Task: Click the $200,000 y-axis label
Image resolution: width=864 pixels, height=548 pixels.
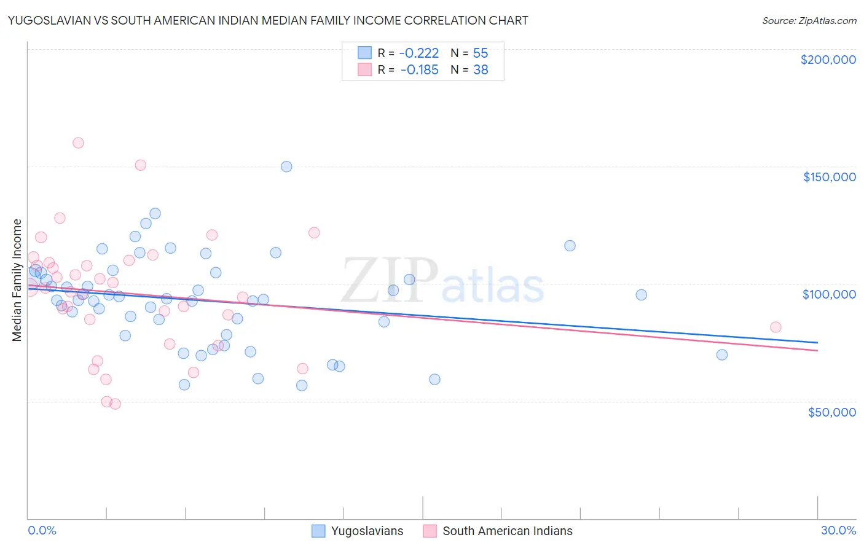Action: point(828,60)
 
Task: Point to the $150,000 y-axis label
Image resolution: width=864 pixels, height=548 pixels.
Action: point(829,177)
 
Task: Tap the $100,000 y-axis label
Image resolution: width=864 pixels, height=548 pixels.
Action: point(829,294)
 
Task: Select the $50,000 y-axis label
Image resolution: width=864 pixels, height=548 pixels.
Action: point(831,412)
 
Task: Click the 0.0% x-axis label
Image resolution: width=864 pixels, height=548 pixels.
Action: point(42,530)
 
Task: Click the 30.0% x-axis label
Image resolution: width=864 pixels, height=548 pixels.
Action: point(838,530)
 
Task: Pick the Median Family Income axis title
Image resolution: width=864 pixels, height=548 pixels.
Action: point(17,280)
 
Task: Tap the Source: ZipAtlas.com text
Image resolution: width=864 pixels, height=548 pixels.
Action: point(809,20)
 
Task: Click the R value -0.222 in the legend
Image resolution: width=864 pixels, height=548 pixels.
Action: point(419,53)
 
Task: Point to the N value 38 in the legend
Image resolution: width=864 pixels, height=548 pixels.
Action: point(481,70)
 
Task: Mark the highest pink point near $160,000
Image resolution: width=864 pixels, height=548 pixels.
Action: point(78,143)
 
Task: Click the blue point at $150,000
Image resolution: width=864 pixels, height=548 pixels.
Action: point(286,166)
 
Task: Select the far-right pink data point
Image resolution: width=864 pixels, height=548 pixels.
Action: point(776,327)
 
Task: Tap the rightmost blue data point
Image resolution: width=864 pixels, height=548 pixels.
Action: point(722,354)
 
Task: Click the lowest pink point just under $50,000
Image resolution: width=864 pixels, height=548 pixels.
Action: point(115,404)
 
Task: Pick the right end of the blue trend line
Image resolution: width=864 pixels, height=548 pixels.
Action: point(817,342)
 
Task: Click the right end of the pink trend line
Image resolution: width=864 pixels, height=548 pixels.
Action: point(817,350)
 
